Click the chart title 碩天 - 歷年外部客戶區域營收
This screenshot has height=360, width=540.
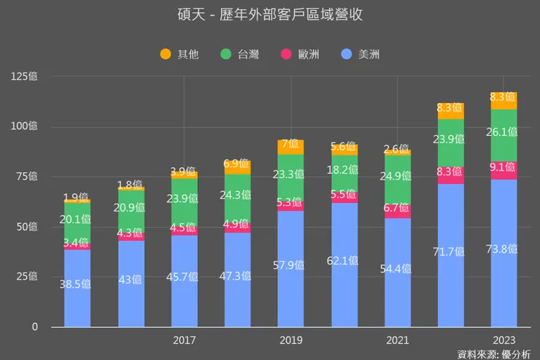pos(270,15)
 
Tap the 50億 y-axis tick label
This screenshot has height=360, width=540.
pos(28,226)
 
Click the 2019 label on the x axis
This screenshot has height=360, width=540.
pos(291,340)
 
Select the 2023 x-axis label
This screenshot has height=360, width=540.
pos(504,340)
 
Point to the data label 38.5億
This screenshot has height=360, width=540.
pos(77,285)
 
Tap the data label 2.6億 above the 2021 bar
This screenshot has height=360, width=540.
pos(398,149)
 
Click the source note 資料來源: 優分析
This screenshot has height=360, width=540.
pos(494,354)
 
